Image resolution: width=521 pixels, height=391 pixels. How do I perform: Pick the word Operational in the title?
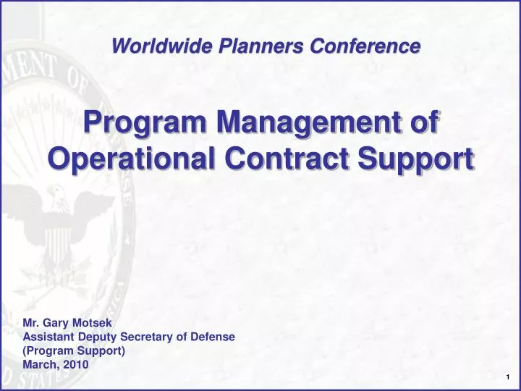132,158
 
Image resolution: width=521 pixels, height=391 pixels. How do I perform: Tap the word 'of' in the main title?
425,122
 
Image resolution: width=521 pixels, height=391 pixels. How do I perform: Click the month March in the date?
39,365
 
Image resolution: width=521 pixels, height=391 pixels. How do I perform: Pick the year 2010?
75,365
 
